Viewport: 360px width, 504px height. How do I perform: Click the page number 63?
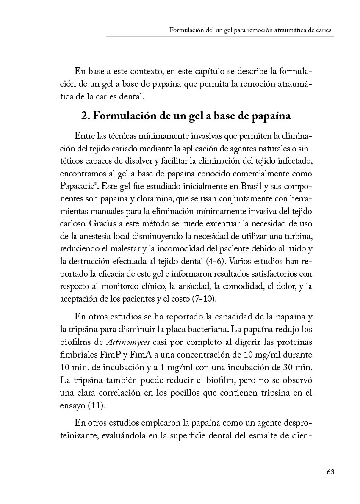330,472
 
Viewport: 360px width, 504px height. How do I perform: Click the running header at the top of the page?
250,30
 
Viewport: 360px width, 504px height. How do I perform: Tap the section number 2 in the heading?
84,116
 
